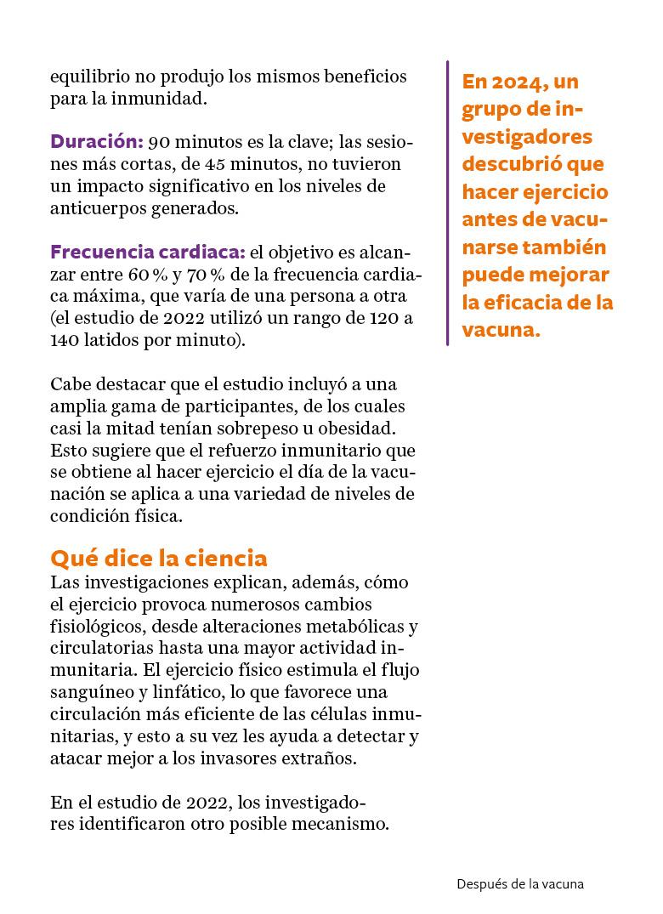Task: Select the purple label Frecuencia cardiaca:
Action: pyautogui.click(x=147, y=253)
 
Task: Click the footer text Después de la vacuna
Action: pyautogui.click(x=520, y=884)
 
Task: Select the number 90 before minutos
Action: pyautogui.click(x=158, y=140)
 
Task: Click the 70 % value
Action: pyautogui.click(x=212, y=275)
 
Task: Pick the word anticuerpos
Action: pyautogui.click(x=101, y=207)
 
